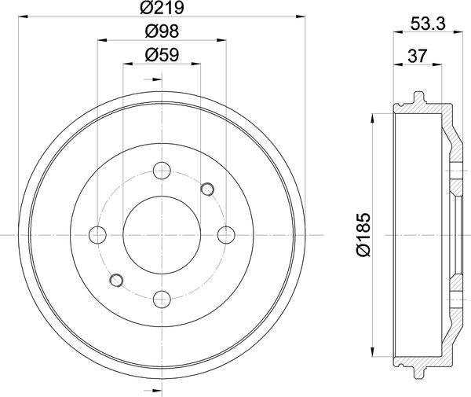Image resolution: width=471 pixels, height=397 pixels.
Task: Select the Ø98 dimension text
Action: (x=162, y=33)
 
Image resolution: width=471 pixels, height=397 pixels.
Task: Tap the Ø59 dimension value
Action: (x=162, y=56)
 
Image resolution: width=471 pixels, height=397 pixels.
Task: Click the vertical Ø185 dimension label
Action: (x=362, y=233)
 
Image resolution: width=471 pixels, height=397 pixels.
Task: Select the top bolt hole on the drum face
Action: (x=162, y=170)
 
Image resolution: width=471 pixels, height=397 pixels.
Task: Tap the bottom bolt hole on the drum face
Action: (x=162, y=298)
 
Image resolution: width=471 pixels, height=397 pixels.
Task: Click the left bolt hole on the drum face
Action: (x=98, y=234)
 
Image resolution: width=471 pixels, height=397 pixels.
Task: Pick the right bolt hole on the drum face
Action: (x=226, y=234)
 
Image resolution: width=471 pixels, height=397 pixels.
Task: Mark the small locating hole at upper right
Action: (x=207, y=188)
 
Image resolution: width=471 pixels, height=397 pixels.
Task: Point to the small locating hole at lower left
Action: (x=116, y=280)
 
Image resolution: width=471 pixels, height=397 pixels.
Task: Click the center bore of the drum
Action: (x=162, y=234)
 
